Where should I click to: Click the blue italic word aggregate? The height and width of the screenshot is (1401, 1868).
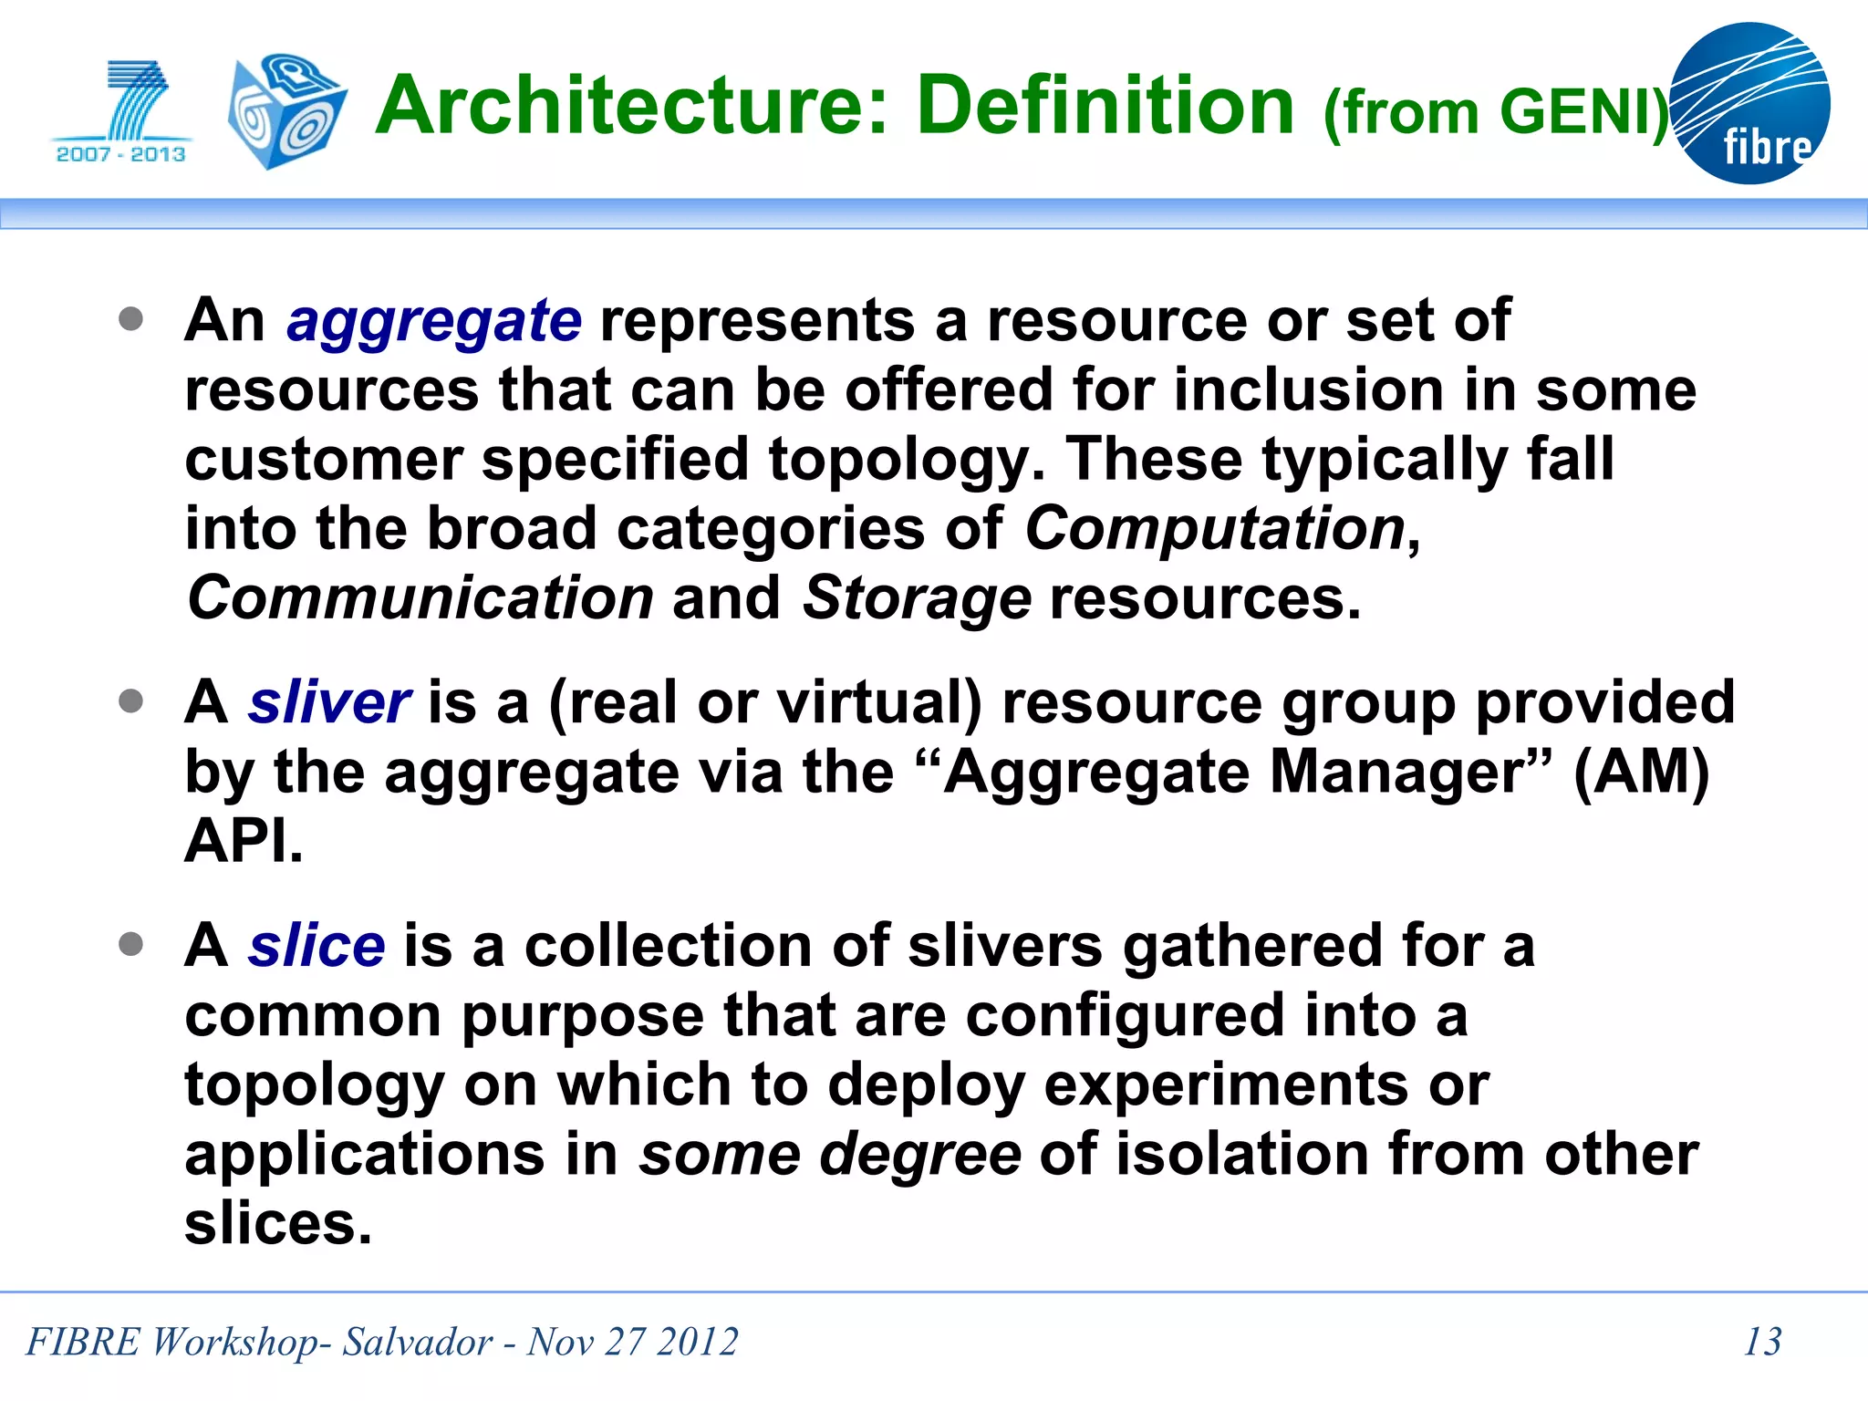point(433,322)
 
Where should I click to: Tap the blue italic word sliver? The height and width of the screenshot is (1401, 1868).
point(329,703)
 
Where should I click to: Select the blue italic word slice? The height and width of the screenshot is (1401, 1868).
point(317,946)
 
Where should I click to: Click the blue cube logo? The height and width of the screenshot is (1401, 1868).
point(285,111)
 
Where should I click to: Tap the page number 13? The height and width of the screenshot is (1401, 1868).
point(1762,1342)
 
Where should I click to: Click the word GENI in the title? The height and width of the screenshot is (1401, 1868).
point(1576,113)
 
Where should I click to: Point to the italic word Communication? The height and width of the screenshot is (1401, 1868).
point(420,598)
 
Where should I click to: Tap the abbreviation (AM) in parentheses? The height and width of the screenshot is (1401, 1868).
point(1641,773)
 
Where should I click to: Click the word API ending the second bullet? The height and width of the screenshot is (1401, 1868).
point(243,841)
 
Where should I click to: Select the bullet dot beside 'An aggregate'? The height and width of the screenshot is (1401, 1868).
point(131,319)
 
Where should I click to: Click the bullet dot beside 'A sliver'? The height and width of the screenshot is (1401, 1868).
point(131,701)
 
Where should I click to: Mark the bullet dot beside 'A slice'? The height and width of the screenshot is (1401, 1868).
point(131,944)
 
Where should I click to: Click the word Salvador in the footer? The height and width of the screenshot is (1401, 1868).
point(417,1342)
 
